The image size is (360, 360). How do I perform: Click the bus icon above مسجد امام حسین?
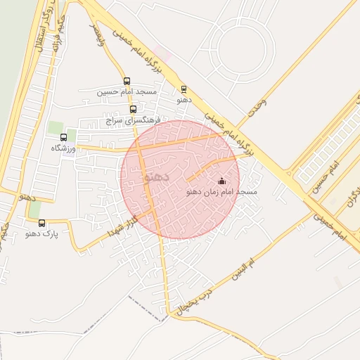(127, 81)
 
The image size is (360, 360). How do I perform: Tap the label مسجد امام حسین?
(127, 91)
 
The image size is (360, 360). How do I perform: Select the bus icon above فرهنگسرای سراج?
(134, 109)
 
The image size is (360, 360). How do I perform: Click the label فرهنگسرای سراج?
(134, 120)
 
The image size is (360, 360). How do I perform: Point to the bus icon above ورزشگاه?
(64, 138)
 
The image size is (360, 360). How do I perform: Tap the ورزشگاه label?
(64, 148)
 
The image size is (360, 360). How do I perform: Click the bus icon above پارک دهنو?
(42, 223)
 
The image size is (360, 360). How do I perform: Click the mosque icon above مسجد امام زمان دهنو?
(222, 181)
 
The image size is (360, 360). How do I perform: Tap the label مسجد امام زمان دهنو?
(222, 192)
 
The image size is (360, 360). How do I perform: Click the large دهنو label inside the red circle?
(156, 177)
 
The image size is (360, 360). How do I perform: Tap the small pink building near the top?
(163, 53)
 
